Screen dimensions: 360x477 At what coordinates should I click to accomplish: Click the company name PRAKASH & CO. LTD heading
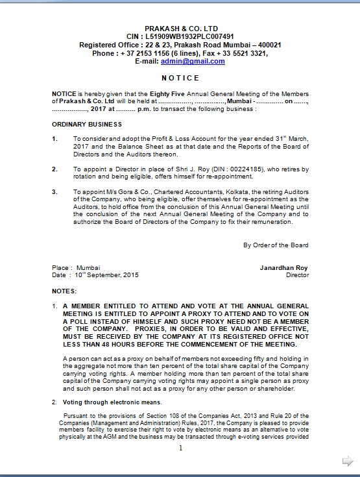[x=181, y=29]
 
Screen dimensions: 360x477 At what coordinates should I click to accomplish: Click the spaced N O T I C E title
[x=180, y=78]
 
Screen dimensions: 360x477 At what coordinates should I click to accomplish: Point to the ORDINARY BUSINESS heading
[x=86, y=124]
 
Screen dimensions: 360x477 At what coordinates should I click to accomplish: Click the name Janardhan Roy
[x=284, y=267]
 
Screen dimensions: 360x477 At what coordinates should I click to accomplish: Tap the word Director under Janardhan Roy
[x=297, y=275]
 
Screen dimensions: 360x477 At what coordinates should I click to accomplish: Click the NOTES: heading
[x=64, y=291]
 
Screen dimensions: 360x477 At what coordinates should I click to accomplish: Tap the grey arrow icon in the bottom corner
[x=348, y=461]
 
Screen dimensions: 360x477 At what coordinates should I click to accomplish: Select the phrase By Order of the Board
[x=276, y=245]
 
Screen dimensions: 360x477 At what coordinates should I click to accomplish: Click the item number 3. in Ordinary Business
[x=55, y=193]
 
